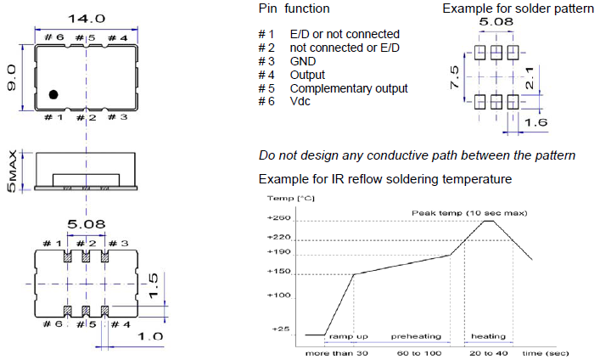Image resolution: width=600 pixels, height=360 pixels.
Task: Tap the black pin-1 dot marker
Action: point(53,94)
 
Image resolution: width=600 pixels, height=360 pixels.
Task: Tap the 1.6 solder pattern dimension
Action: point(535,123)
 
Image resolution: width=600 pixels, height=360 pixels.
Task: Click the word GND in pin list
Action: point(304,62)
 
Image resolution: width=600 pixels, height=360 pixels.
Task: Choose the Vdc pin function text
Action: point(301,102)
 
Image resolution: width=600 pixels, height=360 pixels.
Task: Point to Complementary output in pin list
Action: point(348,88)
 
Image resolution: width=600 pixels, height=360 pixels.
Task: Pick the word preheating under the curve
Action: point(416,336)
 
